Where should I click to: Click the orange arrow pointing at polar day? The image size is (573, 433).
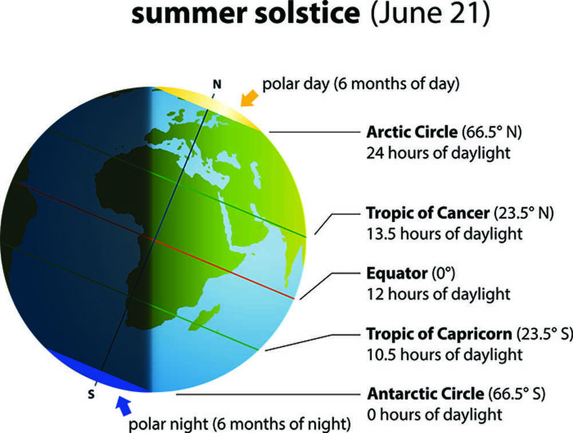pos(250,99)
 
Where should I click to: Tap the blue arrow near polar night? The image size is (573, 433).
pos(124,406)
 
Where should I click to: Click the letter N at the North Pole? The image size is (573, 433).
pos(217,85)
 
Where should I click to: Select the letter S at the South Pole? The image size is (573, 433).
pos(91,394)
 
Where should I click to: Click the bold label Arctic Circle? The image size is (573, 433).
pos(412,132)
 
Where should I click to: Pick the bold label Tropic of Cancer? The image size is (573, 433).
pos(427,212)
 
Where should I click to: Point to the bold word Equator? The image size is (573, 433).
pos(397,273)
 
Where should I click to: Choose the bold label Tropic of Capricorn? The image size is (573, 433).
pos(439,334)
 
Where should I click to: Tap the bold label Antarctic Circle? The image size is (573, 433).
pos(426,393)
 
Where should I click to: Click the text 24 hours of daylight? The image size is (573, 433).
pos(438,153)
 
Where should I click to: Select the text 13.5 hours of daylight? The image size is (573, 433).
pos(445,234)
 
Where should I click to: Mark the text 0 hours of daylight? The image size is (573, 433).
pos(434,414)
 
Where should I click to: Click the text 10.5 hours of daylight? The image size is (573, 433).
pos(445,355)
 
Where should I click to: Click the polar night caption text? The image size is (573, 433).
pos(240,424)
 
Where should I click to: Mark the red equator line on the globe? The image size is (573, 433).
pos(154,240)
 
